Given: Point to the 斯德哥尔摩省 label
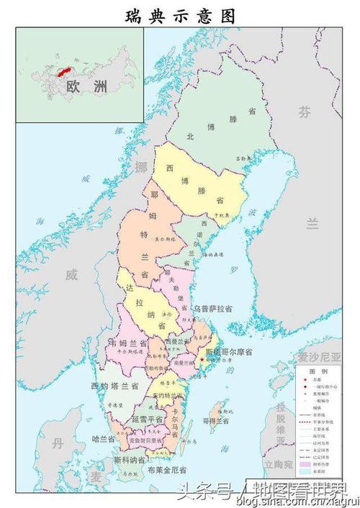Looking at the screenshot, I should coord(228,353).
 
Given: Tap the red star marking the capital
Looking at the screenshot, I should coord(202,359).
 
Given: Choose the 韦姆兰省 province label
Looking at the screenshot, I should coord(127,342).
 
